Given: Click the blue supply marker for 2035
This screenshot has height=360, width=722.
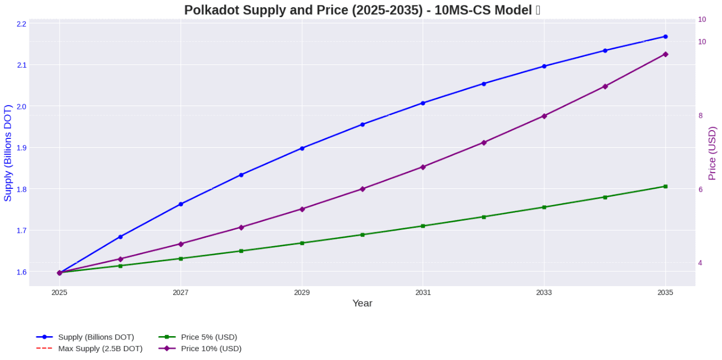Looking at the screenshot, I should coord(665,37).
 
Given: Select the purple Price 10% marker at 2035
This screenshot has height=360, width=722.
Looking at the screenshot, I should coord(665,54).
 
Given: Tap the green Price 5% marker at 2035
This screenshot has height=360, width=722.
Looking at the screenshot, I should coord(665,187).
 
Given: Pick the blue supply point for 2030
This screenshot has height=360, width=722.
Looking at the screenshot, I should coord(363,124).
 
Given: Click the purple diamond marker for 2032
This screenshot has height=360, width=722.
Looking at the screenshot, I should coord(484,143).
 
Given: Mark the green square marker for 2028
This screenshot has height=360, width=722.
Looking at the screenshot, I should coord(241,251).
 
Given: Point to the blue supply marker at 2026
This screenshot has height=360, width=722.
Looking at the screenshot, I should coord(120,237).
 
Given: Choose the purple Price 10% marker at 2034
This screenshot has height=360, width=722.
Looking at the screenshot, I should coord(605,87).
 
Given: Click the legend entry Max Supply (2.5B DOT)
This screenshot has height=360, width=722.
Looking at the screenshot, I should coord(100,348).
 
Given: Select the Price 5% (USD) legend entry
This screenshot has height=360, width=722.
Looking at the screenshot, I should coord(209,337).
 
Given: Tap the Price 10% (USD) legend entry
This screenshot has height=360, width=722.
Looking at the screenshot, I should coord(211,348).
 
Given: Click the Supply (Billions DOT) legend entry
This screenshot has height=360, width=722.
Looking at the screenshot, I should coord(96,337).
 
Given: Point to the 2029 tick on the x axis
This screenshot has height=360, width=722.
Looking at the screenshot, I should coord(302,292).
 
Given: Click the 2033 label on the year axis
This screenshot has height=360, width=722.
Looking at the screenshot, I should coord(544,292).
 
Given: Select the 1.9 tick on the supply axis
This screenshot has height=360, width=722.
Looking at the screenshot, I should coord(22,148).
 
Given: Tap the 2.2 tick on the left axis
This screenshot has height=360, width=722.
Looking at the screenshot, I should coord(22,24).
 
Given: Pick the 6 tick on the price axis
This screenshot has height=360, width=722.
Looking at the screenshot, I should coord(700,189).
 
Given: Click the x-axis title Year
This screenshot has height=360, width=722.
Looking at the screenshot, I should coord(362,303).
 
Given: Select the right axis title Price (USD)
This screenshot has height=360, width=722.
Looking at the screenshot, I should coord(711,153).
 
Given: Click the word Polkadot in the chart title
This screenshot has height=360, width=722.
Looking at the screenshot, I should coord(210,10).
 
